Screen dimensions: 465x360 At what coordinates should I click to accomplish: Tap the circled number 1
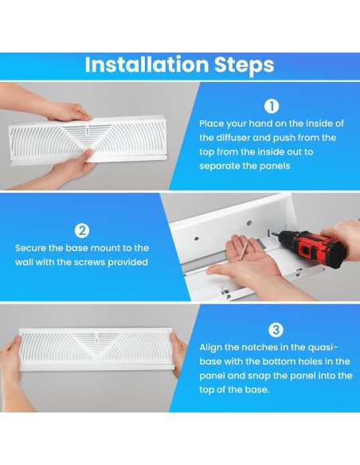pos(272,105)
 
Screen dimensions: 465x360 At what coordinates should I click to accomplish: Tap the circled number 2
pos(81,231)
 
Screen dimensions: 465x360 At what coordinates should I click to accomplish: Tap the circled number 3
pos(276,329)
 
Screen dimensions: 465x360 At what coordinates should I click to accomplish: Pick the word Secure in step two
pos(31,248)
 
